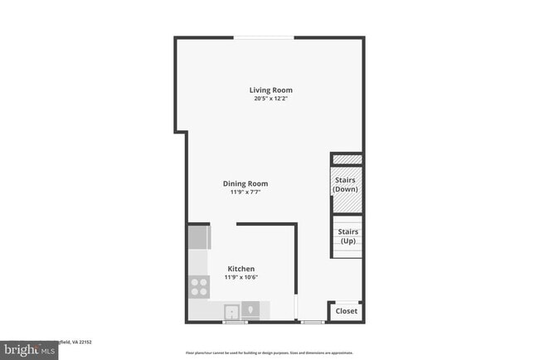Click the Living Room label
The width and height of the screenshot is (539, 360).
[x=271, y=90]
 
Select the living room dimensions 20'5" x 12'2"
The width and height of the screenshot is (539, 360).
[x=271, y=99]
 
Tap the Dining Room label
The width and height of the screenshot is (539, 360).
[x=245, y=184]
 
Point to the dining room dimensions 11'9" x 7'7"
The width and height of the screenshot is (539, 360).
[x=245, y=192]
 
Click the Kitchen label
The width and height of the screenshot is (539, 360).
[x=241, y=269]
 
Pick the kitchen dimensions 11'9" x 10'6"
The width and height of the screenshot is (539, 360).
[x=241, y=278]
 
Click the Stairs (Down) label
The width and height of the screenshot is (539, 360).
[x=345, y=184]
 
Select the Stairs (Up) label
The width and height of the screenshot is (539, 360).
[x=347, y=236]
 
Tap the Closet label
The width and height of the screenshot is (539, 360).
[x=346, y=311]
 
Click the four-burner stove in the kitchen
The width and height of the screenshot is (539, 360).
[x=199, y=286]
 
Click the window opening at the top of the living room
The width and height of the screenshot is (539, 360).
[x=264, y=37]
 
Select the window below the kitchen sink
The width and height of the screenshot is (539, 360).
[x=236, y=322]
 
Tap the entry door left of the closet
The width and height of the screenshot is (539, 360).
[x=313, y=322]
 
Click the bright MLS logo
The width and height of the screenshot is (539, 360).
[x=29, y=349]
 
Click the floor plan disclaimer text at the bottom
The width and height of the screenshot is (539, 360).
[x=269, y=352]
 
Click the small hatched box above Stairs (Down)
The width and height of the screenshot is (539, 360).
[x=347, y=158]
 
